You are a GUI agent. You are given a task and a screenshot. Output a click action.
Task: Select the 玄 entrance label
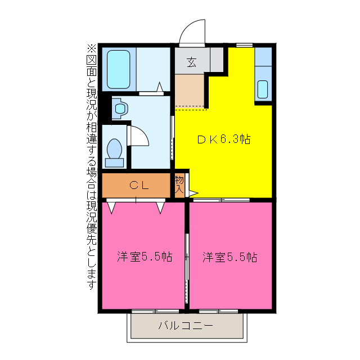(191, 62)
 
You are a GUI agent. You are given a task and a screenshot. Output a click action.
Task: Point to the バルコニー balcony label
(185, 325)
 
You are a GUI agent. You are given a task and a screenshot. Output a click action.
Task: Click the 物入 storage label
(179, 185)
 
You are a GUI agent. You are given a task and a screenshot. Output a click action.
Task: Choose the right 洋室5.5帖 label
(230, 257)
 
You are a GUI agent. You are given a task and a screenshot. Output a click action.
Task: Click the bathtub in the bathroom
(119, 69)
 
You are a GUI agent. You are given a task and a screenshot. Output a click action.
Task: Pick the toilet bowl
(114, 151)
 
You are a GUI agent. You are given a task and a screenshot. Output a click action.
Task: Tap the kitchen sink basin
(263, 89)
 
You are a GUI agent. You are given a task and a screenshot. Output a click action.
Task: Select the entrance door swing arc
(192, 31)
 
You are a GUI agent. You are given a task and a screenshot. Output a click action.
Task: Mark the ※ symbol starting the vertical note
(92, 48)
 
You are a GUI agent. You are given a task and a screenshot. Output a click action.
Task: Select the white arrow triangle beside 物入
(192, 193)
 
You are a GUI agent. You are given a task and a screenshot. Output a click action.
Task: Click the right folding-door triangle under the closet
(161, 207)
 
